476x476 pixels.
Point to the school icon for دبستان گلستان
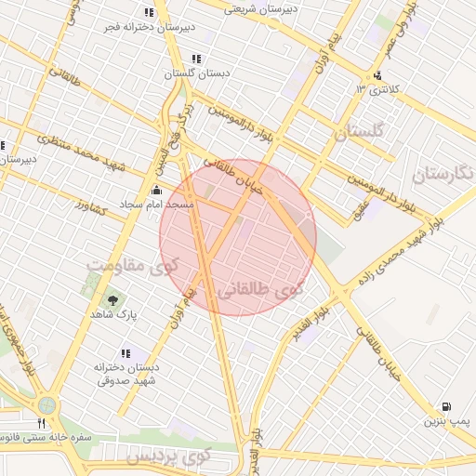194,59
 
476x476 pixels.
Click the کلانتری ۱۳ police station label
375,89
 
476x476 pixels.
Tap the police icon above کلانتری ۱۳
377,76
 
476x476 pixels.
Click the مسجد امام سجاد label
156,204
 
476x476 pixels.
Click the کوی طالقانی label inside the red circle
259,291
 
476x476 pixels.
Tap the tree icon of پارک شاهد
112,300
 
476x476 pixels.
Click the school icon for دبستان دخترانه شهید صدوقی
126,353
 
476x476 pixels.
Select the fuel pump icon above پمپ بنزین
447,407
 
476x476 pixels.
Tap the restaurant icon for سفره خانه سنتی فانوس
41,424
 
